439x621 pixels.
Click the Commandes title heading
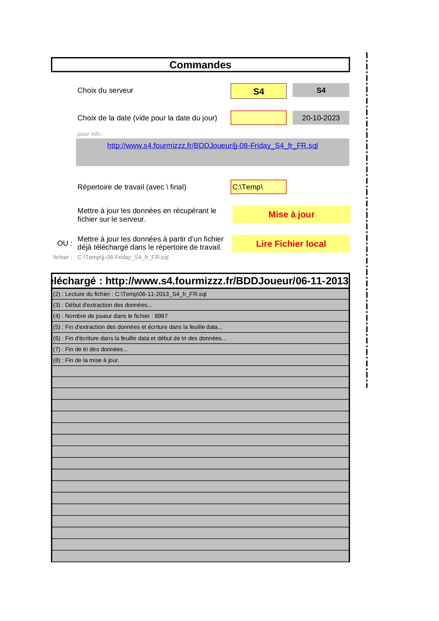[x=200, y=65]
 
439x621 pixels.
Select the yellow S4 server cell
[x=259, y=91]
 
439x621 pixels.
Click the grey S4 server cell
[x=321, y=90]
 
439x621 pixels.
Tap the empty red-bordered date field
[x=259, y=118]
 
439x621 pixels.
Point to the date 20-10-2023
[x=321, y=118]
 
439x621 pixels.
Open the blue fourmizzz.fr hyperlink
[x=213, y=146]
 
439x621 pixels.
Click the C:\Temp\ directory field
[x=259, y=187]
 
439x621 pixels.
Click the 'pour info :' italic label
[x=91, y=134]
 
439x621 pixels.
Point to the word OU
[x=63, y=244]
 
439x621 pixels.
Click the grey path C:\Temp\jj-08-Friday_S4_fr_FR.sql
[x=123, y=257]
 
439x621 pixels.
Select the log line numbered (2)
[x=130, y=294]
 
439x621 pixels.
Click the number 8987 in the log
[x=161, y=316]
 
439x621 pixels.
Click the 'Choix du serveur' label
[x=105, y=90]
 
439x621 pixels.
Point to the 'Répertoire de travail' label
[x=132, y=187]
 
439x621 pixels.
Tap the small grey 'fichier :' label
[x=62, y=257]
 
